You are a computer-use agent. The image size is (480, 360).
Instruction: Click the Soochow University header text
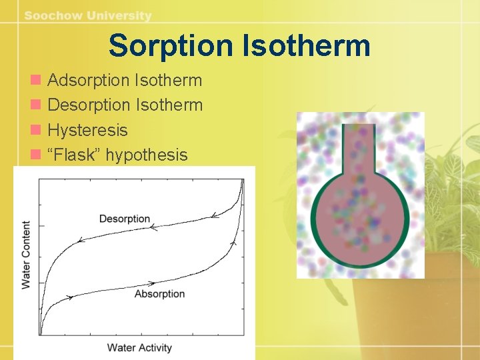point(88,15)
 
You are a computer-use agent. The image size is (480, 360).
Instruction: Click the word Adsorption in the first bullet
point(89,81)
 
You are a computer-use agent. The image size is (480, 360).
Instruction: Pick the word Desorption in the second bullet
point(89,105)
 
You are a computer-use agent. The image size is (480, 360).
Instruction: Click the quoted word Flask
point(75,155)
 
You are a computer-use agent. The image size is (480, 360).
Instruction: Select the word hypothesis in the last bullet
point(147,155)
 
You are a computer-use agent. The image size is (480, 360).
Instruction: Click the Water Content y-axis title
point(26,255)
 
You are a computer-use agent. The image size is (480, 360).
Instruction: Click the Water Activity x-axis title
point(139,347)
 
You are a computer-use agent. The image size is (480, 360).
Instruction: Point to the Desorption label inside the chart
point(125,219)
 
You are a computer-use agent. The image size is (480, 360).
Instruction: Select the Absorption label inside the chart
point(159,294)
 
